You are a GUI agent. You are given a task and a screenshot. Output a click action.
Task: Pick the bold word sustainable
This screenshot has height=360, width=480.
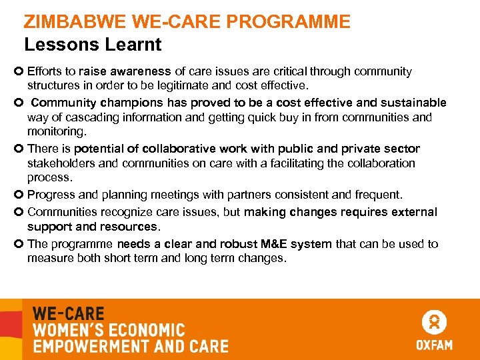click(x=414, y=103)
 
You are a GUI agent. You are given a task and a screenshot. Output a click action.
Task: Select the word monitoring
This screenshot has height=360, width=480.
click(x=56, y=131)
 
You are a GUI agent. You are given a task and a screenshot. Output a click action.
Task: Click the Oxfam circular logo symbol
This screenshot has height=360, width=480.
click(x=434, y=322)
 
